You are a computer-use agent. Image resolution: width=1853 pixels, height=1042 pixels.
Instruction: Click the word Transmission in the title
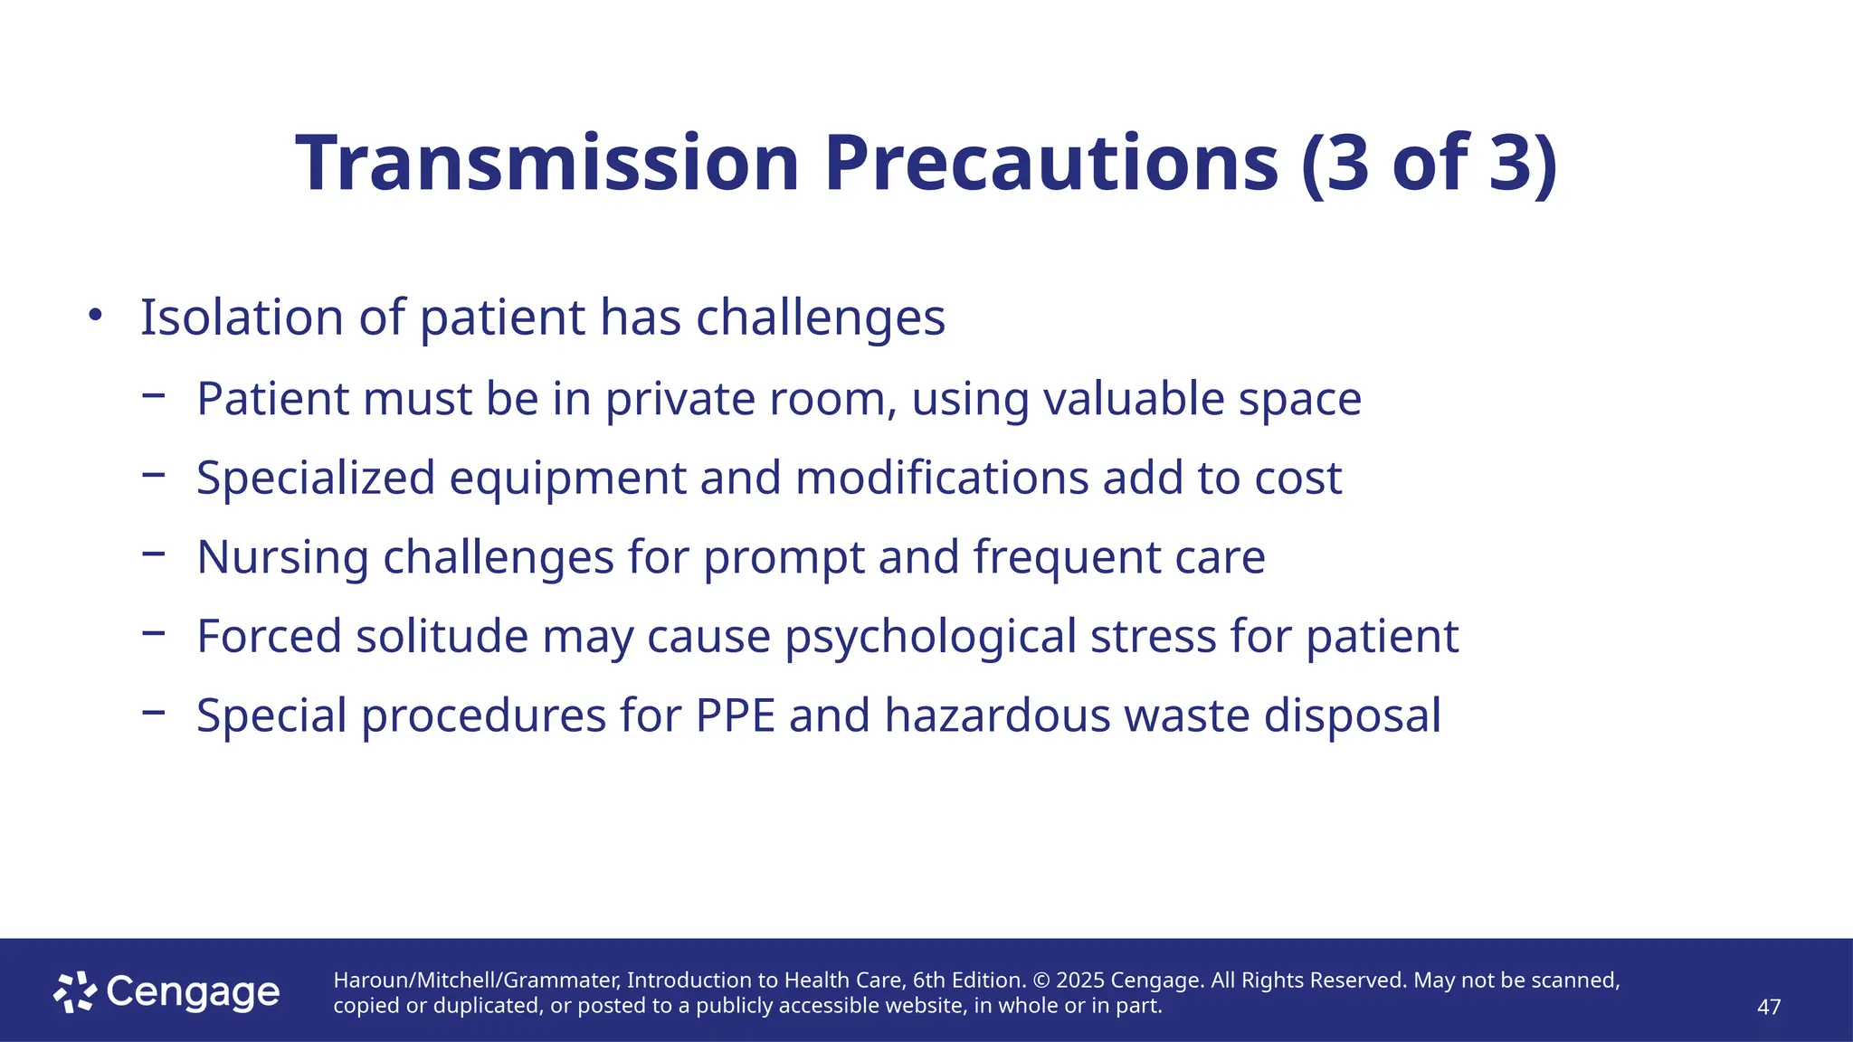click(547, 165)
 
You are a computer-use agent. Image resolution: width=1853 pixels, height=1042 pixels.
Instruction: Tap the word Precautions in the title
click(1050, 165)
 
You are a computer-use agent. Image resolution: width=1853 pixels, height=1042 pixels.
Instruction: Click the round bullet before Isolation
click(95, 316)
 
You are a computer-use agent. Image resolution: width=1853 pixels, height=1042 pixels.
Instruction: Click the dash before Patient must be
click(154, 394)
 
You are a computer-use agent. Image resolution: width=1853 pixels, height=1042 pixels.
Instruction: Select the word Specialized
click(316, 478)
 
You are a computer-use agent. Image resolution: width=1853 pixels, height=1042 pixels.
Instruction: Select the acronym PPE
click(736, 715)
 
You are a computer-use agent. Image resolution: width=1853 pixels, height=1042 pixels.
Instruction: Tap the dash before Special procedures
click(154, 712)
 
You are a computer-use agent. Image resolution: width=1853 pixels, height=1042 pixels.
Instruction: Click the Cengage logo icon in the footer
click(75, 992)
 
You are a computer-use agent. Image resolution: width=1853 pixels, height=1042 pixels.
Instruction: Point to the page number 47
click(1768, 1007)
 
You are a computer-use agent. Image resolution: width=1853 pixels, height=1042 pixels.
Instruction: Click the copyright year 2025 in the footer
click(1079, 980)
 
